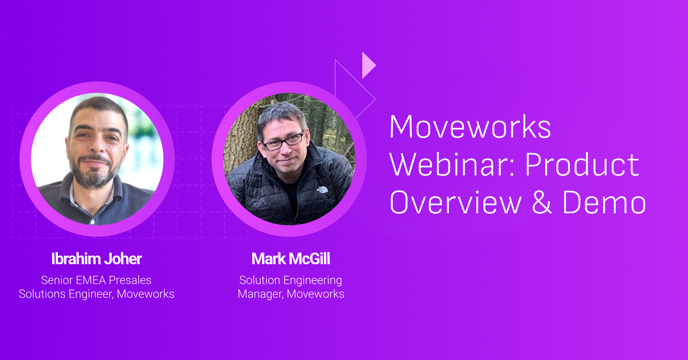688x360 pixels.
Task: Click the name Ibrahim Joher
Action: [96, 259]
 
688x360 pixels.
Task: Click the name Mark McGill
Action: [291, 259]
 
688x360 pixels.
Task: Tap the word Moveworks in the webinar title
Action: [470, 127]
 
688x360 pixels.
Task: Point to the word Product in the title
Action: [583, 165]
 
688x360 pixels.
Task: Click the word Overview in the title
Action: [456, 202]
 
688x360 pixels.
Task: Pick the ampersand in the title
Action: [542, 202]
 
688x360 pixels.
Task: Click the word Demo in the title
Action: [604, 202]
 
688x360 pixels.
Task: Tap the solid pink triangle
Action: [369, 65]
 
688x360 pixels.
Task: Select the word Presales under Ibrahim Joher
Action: [130, 280]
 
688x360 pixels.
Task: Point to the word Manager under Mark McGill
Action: [260, 294]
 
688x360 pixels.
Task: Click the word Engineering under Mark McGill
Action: [312, 281]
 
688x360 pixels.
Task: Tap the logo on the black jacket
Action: [322, 190]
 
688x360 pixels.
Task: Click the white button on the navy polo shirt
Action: [92, 222]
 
